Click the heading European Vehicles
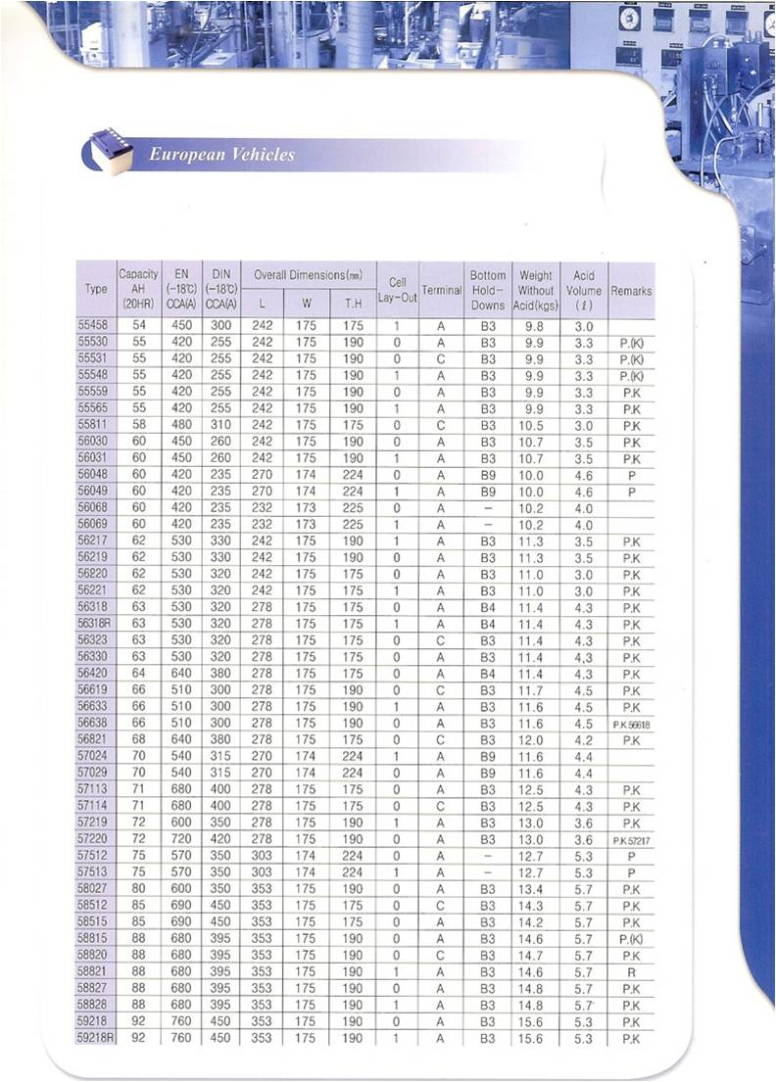(221, 155)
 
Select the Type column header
(96, 290)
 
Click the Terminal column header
(442, 291)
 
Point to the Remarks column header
(631, 291)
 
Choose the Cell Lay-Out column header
(397, 290)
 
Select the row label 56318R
(95, 624)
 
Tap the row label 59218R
(95, 1038)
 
